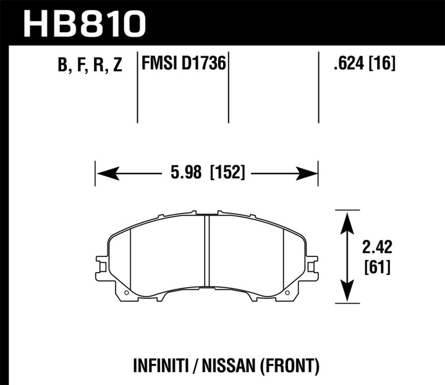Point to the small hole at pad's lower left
pyautogui.click(x=126, y=292)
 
